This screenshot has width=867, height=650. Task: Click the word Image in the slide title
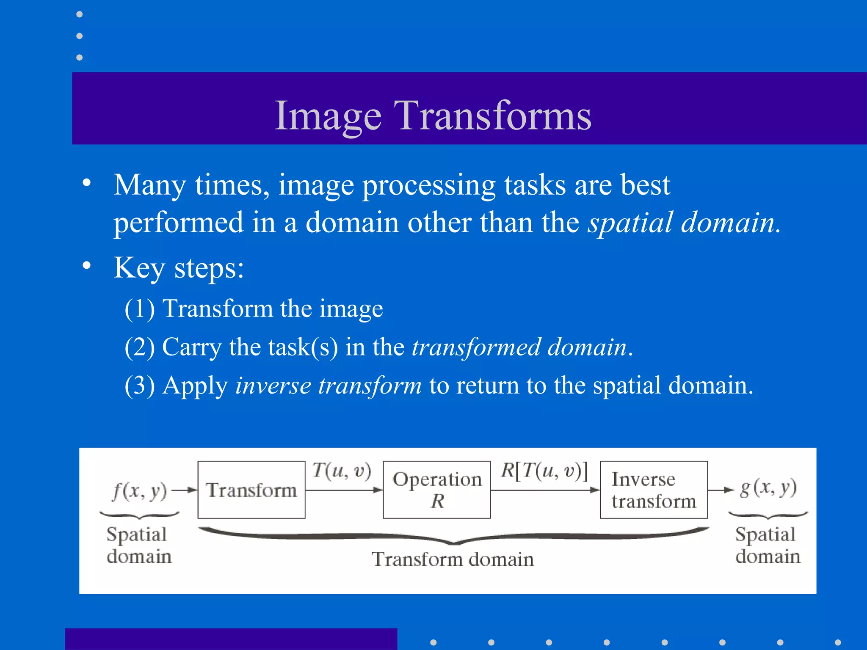329,115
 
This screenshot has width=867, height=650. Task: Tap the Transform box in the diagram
251,490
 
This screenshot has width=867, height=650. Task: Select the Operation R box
436,490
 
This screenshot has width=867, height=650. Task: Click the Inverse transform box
654,490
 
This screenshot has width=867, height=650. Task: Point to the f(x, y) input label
140,491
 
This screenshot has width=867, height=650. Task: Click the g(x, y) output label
768,488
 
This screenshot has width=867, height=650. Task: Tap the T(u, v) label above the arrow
342,471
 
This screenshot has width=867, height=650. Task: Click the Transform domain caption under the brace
453,559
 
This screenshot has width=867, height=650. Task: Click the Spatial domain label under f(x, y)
139,545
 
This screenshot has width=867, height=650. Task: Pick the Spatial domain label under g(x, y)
768,545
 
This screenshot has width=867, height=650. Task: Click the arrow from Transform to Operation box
343,490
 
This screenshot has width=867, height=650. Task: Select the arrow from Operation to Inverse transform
545,490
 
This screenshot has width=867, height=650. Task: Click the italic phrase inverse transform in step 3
328,386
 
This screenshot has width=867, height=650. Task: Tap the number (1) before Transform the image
140,308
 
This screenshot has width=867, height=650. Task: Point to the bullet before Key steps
87,266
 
